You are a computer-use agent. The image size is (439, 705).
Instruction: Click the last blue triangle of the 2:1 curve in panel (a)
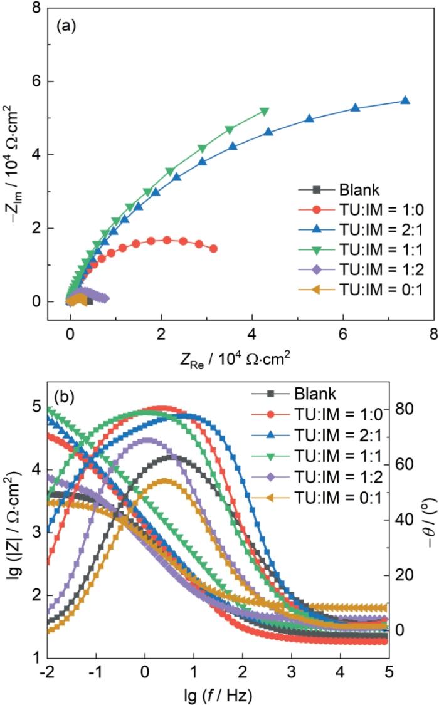coord(405,100)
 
